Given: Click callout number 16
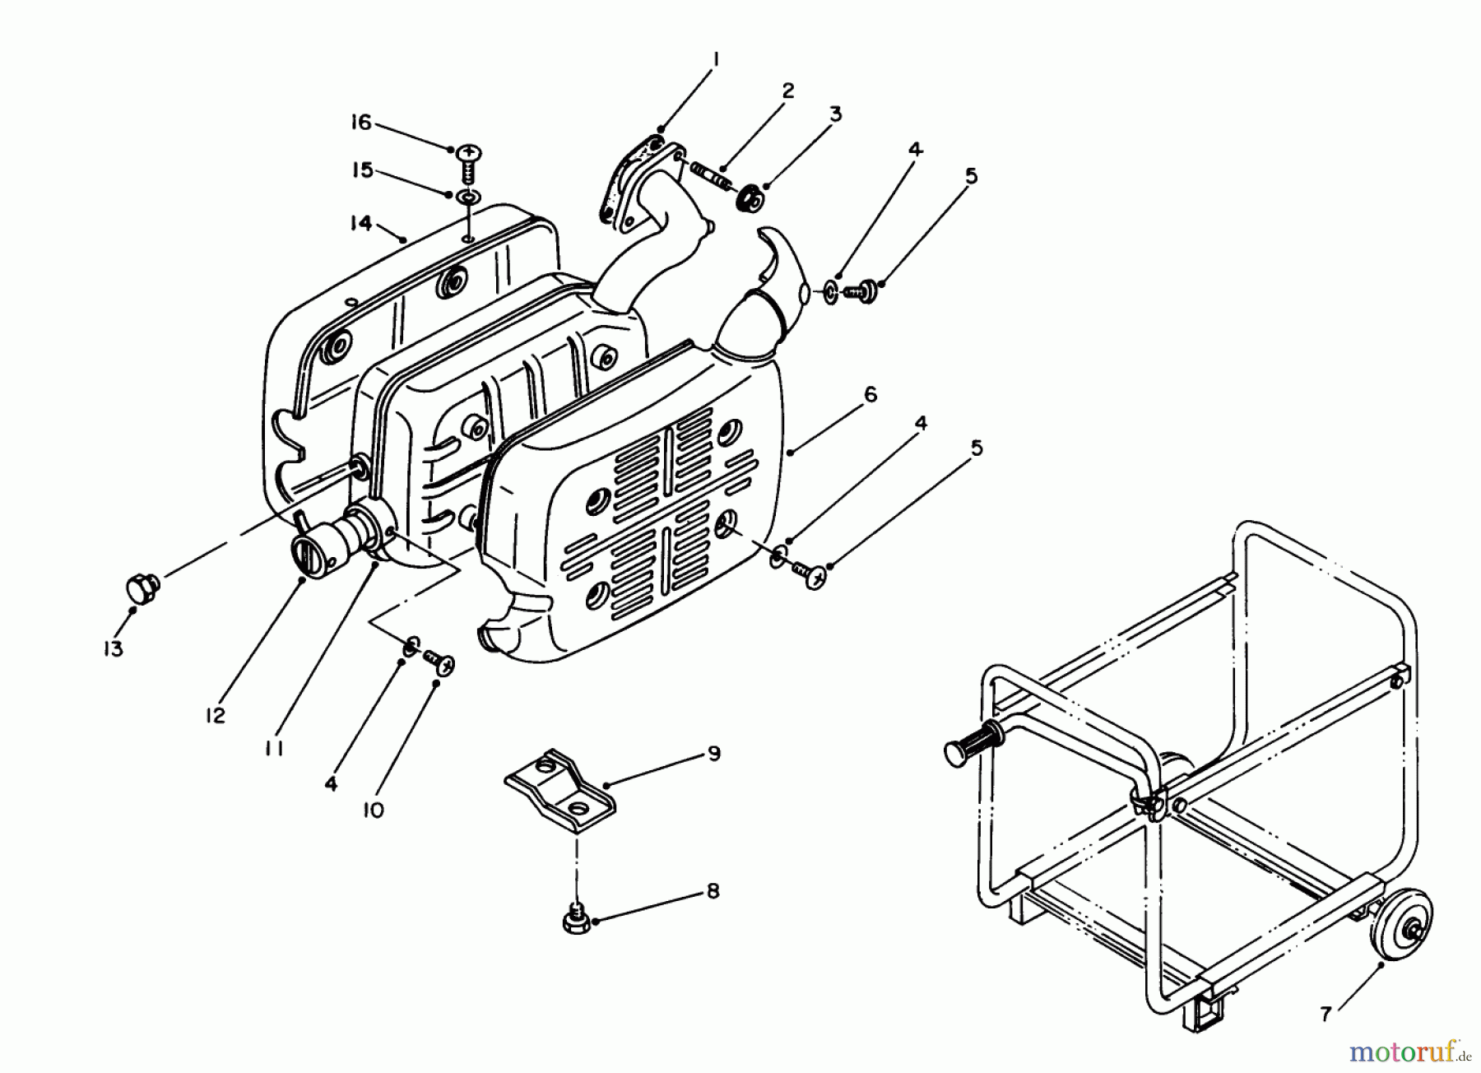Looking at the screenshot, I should tap(361, 123).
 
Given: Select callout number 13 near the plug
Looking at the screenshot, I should tap(113, 648).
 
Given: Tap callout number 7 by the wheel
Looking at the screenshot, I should tap(1325, 1015).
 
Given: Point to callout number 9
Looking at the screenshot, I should tap(713, 753).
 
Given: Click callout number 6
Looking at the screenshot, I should tap(870, 395).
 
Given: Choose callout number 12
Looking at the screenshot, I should tap(216, 715).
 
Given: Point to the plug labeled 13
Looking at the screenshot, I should tap(142, 588).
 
